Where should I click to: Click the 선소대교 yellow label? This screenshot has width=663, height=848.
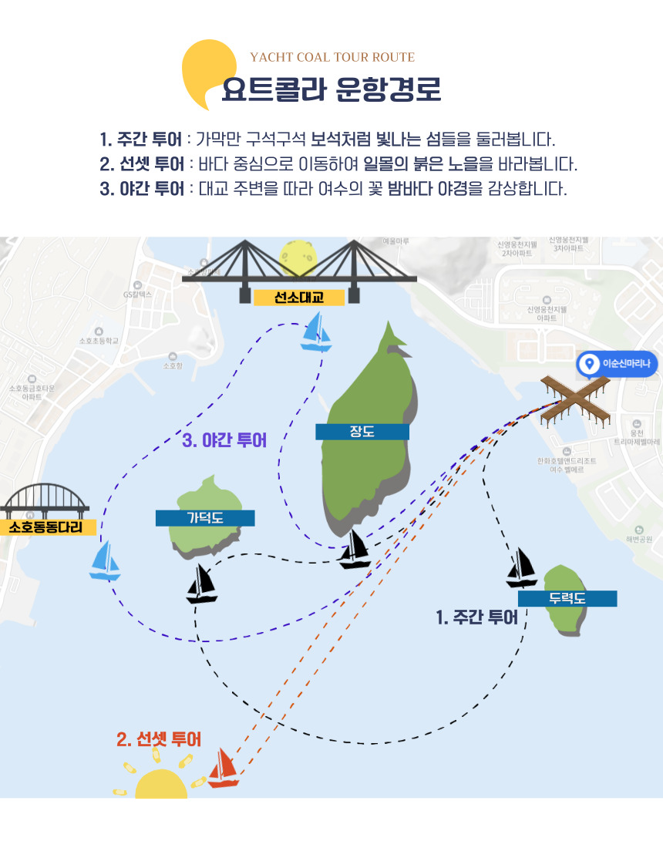pyautogui.click(x=299, y=297)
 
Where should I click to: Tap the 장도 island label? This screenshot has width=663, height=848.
pyautogui.click(x=362, y=432)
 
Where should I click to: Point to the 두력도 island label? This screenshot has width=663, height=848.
pyautogui.click(x=567, y=598)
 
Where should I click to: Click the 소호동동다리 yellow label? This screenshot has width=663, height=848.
pyautogui.click(x=46, y=527)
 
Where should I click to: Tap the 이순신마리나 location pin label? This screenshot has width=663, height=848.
pyautogui.click(x=618, y=364)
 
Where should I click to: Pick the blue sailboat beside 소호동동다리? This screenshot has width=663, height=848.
pyautogui.click(x=105, y=560)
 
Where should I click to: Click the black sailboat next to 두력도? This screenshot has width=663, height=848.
pyautogui.click(x=522, y=568)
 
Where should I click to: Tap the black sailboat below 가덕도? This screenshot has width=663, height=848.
pyautogui.click(x=202, y=584)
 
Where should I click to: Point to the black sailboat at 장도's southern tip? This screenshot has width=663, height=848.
pyautogui.click(x=355, y=549)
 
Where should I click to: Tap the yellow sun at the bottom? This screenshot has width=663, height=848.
pyautogui.click(x=161, y=782)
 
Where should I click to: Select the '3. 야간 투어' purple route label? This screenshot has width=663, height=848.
pyautogui.click(x=224, y=441)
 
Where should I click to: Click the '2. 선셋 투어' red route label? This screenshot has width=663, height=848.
pyautogui.click(x=159, y=739)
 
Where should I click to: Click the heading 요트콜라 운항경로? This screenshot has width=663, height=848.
pyautogui.click(x=331, y=89)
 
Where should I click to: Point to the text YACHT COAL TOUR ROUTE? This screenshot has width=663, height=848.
pyautogui.click(x=332, y=57)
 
